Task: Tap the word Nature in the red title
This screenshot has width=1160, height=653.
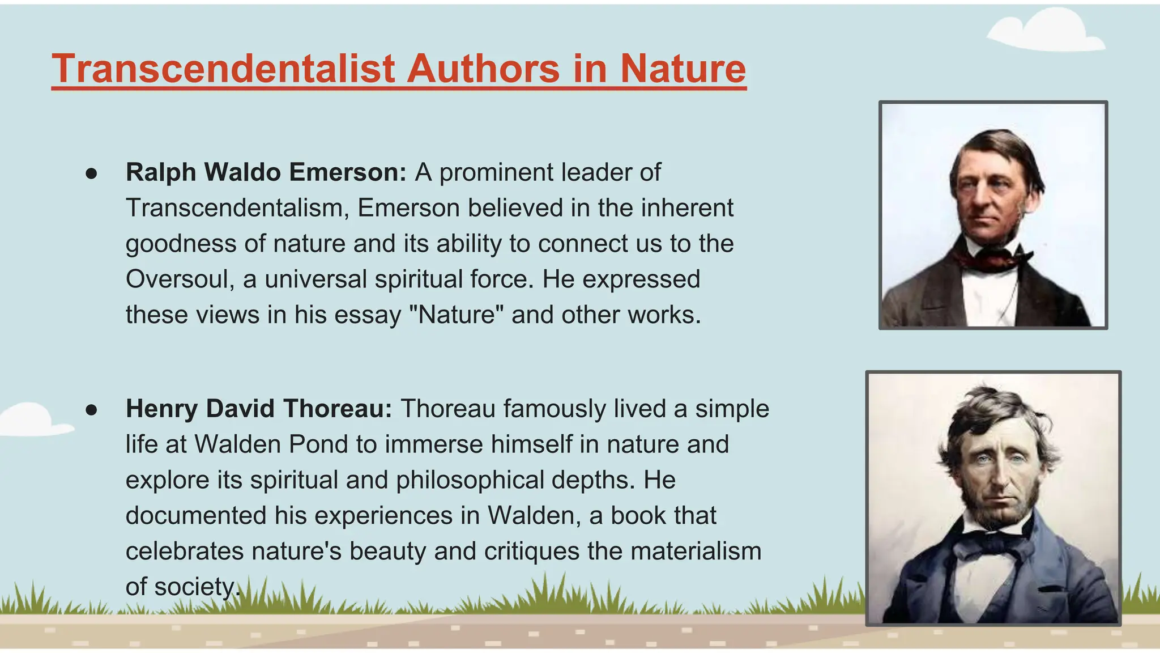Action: [x=683, y=69]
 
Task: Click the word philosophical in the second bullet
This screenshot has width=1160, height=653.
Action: [x=470, y=480]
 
